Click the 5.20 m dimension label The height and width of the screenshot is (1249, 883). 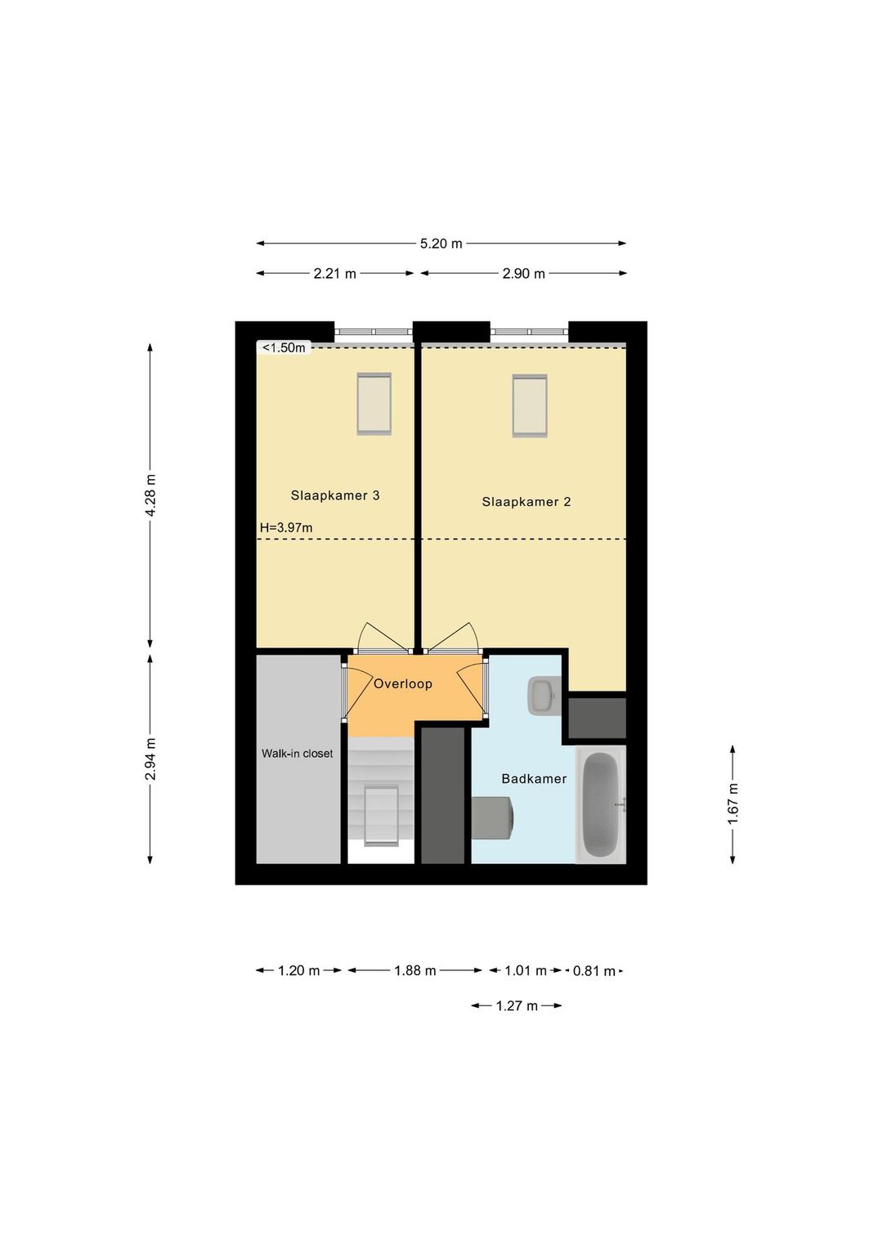441,244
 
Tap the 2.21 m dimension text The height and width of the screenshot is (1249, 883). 334,274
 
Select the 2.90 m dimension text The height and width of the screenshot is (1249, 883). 524,274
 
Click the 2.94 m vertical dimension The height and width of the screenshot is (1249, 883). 150,759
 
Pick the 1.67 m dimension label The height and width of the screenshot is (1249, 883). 733,804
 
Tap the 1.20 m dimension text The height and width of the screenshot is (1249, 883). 299,971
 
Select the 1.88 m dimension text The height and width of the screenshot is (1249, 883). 415,971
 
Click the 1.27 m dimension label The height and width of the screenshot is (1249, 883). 517,1006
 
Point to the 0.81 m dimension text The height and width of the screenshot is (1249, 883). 594,971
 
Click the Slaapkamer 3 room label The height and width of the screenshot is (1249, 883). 335,495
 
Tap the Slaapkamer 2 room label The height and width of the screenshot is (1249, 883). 527,502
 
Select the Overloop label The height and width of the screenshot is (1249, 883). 403,683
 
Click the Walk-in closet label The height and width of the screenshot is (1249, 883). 298,754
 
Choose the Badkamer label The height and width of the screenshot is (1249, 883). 534,778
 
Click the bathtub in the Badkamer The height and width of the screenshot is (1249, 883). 601,805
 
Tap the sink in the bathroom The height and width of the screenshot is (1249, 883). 544,696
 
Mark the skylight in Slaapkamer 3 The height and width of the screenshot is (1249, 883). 374,404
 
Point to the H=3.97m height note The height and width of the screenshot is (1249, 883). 286,527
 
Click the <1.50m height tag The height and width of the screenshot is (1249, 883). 284,348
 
